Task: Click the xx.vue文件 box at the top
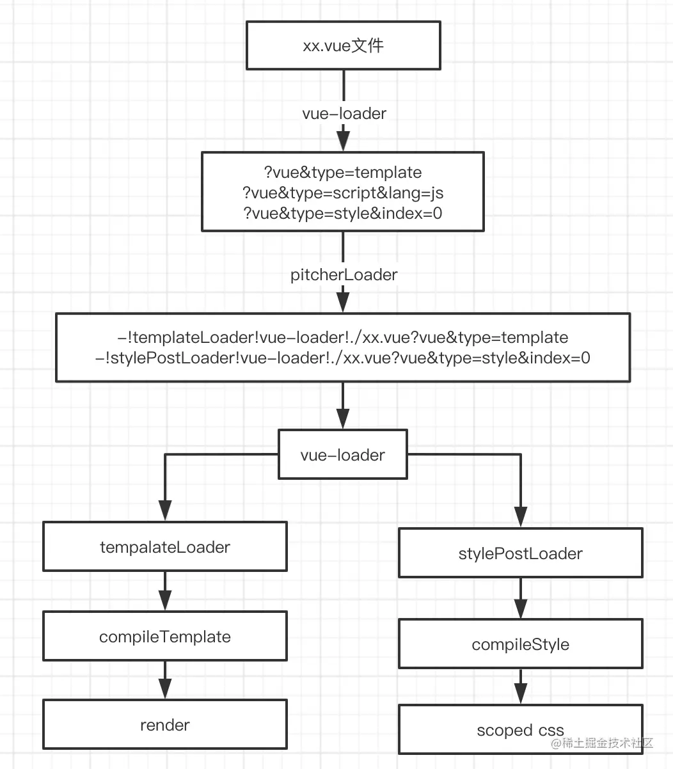(x=344, y=45)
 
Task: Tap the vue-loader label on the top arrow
(x=344, y=113)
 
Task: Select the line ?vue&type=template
(x=343, y=173)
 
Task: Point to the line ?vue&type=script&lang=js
(x=343, y=193)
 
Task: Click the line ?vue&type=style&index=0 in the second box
(x=343, y=214)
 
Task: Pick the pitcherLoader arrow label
(x=344, y=274)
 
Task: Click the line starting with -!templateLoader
(x=343, y=338)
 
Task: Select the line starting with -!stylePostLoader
(x=343, y=358)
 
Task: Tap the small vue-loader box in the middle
(x=343, y=454)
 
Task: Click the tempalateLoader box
(x=165, y=546)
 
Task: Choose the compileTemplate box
(x=165, y=637)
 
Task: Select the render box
(x=165, y=725)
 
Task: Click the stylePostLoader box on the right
(x=521, y=553)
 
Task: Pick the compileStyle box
(x=521, y=644)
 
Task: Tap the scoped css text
(x=521, y=730)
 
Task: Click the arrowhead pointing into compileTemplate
(x=165, y=601)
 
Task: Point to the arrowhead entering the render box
(x=165, y=689)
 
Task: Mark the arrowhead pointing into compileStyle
(x=521, y=608)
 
